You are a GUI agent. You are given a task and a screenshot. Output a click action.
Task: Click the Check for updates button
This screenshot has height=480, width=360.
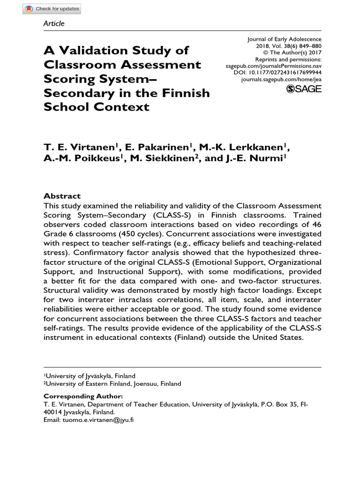[52, 9]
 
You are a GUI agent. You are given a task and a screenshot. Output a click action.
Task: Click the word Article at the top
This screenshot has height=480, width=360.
[53, 23]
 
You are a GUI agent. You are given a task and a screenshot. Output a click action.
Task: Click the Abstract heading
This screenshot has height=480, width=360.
[62, 196]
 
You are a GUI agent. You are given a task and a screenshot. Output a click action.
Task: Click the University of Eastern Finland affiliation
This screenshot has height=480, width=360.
[112, 383]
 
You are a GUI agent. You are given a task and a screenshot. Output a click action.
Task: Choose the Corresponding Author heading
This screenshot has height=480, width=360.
[83, 396]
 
